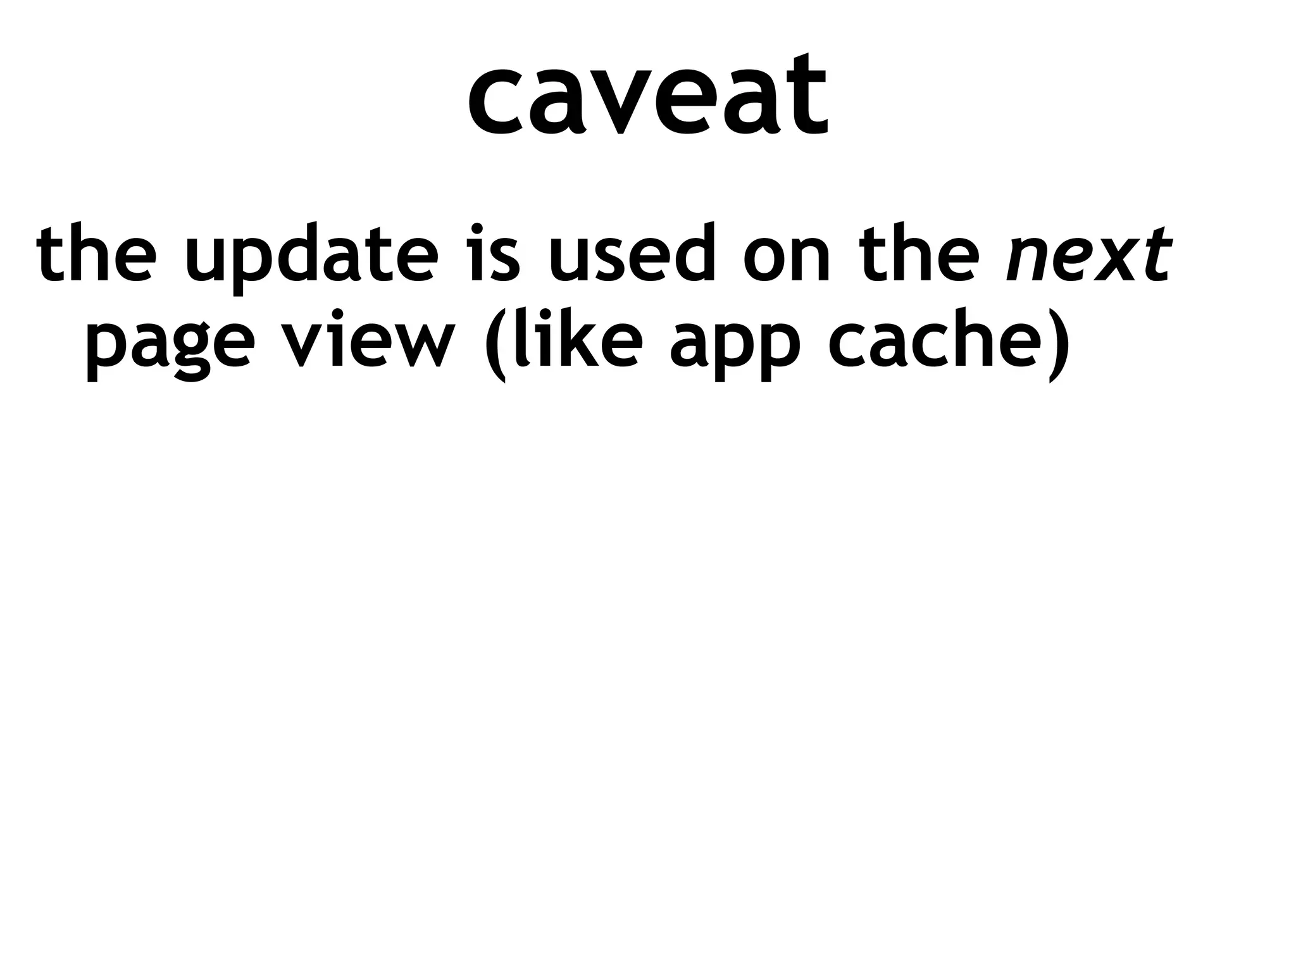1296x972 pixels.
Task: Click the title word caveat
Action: (647, 95)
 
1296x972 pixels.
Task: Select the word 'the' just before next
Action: (916, 254)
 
